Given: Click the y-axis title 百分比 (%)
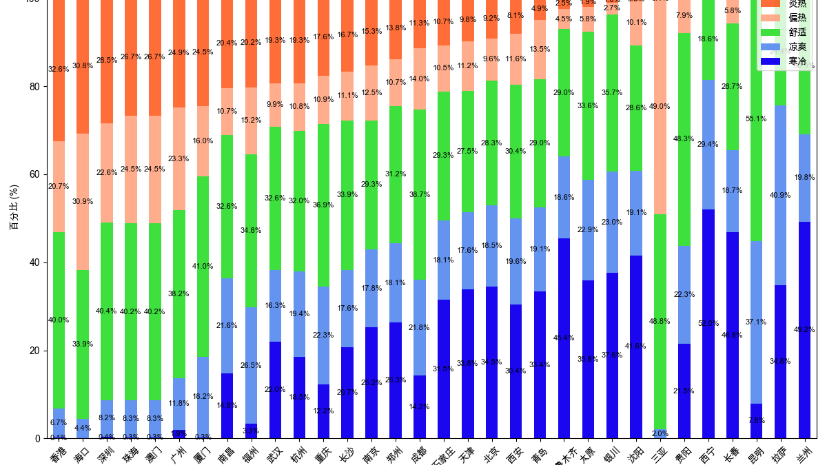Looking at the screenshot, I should [x=13, y=207].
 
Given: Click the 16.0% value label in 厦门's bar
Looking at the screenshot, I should [x=203, y=141].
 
